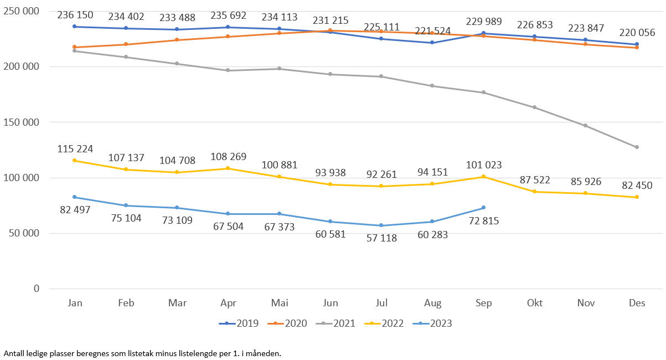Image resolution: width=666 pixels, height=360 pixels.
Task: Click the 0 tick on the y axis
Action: coord(36,289)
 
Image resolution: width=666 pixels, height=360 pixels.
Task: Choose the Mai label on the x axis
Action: coord(279,303)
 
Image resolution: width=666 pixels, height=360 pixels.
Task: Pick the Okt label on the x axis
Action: coord(535,303)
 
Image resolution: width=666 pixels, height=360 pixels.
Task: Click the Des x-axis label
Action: coord(637,303)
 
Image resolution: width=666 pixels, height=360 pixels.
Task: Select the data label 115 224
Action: coord(75,149)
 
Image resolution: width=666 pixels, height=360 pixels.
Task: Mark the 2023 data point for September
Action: coord(483,208)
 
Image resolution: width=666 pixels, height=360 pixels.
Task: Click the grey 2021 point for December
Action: coord(637,147)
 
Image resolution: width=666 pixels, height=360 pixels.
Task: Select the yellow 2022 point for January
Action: coord(74,161)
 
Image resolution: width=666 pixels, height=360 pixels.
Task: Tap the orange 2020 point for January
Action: coord(74,47)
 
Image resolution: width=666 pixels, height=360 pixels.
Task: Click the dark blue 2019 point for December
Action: coord(637,44)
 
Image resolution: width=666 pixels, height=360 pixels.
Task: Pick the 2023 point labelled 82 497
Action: coord(74,197)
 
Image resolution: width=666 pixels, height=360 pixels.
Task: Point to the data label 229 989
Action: coord(484,22)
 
